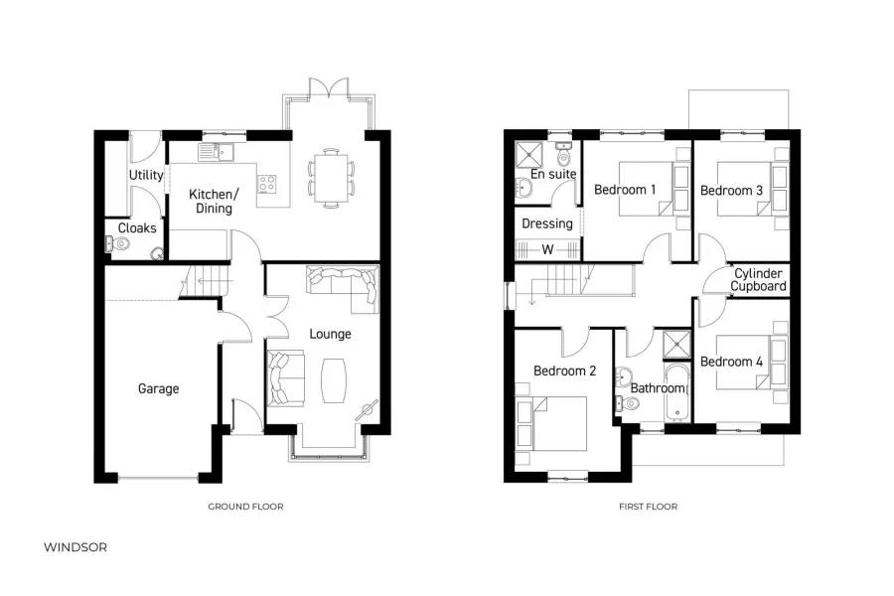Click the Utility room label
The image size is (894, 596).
(146, 176)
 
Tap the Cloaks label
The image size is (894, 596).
(137, 228)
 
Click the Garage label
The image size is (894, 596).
(158, 388)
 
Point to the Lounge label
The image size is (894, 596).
(330, 334)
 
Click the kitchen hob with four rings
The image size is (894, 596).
(267, 183)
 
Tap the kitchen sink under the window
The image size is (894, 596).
(214, 151)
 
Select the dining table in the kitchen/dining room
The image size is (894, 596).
(329, 175)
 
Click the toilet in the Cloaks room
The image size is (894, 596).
(156, 252)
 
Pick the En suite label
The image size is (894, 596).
(553, 175)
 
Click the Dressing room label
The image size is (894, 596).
(547, 223)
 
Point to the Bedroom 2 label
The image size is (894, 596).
(564, 371)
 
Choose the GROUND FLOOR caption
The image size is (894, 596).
(245, 507)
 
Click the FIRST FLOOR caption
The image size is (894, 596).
(648, 507)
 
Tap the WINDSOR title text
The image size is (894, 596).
(75, 547)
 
